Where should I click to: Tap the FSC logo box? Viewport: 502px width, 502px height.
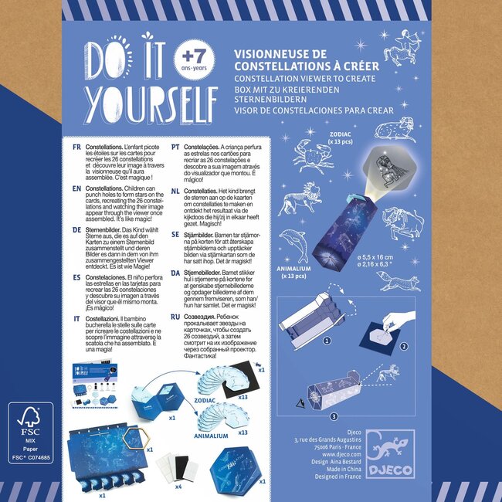click(x=30, y=432)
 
